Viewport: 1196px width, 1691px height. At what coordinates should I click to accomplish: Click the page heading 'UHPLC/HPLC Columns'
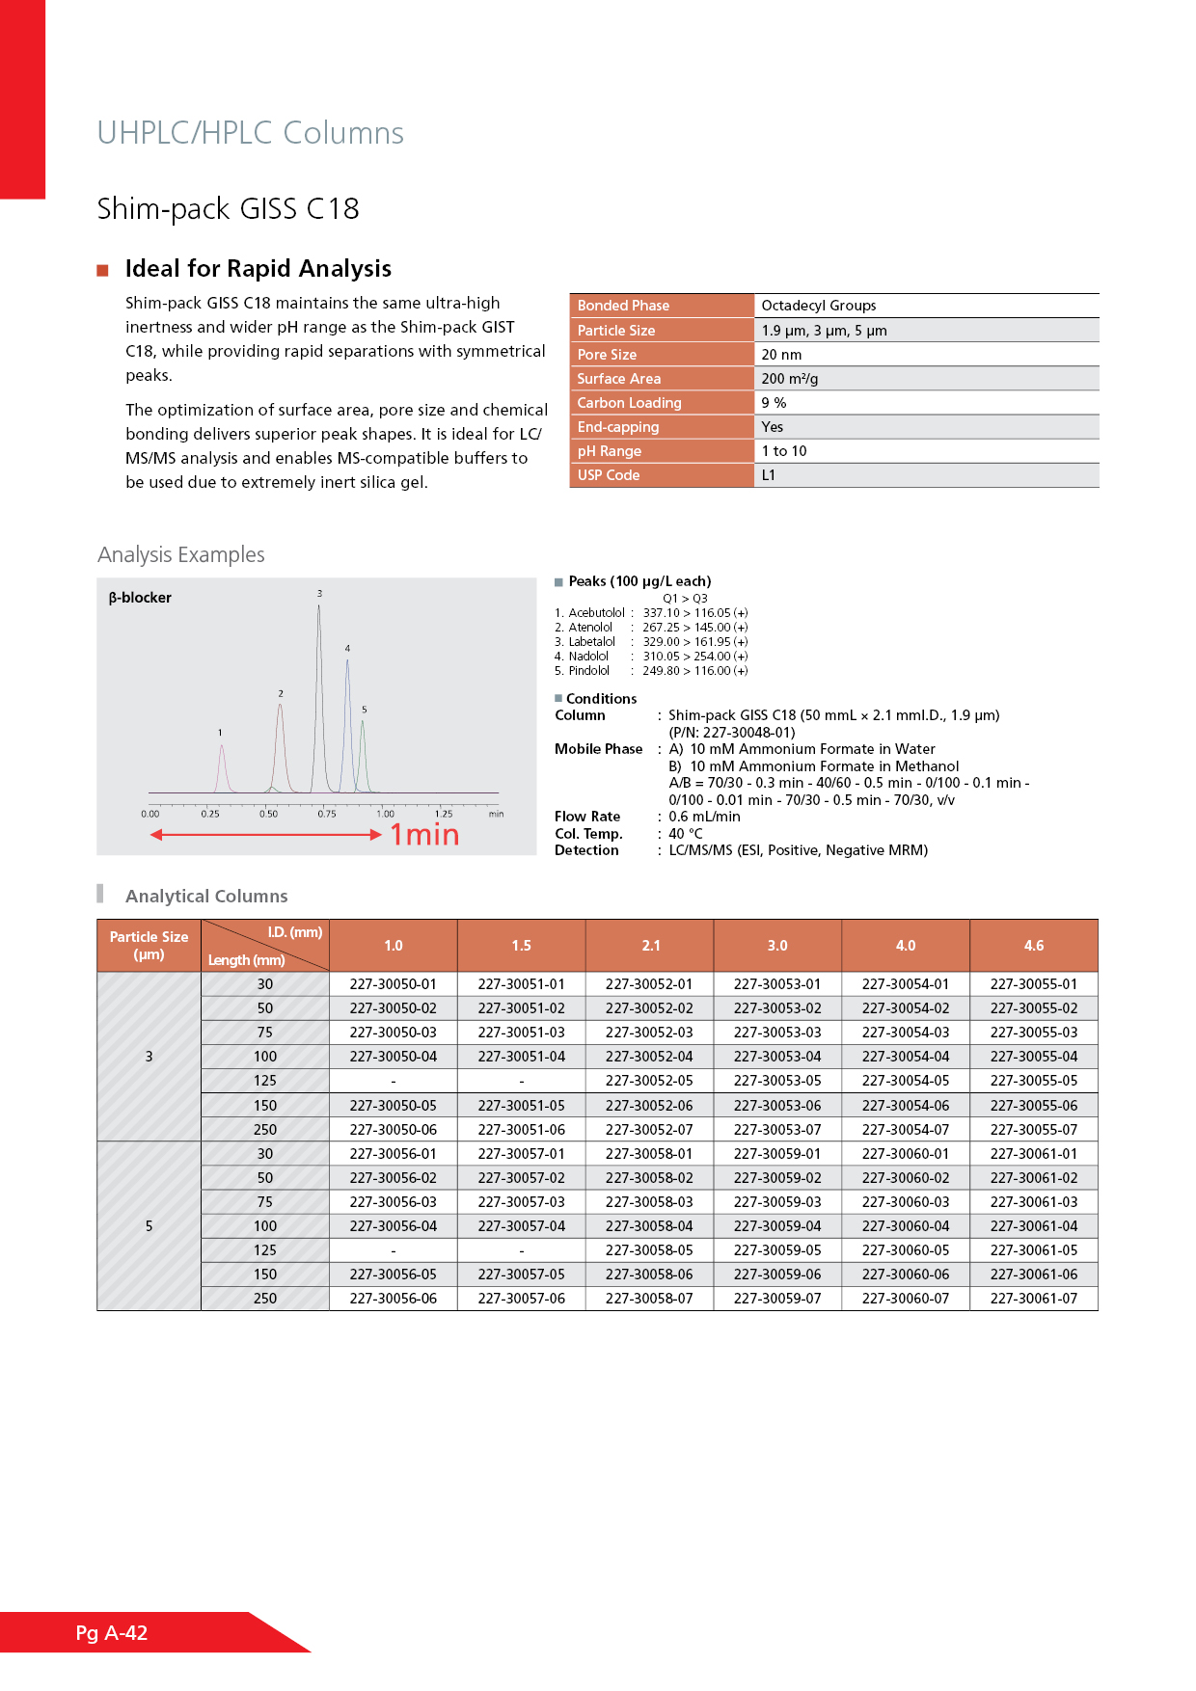tap(250, 133)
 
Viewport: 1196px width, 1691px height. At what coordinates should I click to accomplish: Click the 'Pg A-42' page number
tap(112, 1632)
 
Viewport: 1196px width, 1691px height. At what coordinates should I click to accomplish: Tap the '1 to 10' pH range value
tap(784, 451)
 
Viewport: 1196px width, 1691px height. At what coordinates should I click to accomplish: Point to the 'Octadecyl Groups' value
tap(819, 306)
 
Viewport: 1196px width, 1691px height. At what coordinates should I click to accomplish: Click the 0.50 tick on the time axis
tap(268, 814)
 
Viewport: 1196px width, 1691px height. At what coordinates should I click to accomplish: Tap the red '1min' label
tap(424, 835)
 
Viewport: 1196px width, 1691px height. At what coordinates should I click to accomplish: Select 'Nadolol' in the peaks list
tap(588, 657)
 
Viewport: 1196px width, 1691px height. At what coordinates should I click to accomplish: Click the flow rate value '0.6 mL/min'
tap(705, 817)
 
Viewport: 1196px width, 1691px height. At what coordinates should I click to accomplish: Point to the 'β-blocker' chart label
tap(140, 598)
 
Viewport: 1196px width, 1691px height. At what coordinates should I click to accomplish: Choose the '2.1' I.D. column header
tap(651, 946)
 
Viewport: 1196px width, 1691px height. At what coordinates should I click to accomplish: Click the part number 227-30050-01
tap(394, 984)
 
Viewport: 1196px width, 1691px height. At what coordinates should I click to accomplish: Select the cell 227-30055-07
tap(1034, 1130)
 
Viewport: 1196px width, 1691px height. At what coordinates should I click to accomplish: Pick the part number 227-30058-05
tap(649, 1250)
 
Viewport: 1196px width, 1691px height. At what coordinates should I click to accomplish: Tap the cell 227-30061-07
tap(1034, 1299)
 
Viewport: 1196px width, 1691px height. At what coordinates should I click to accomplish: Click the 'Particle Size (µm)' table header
tap(149, 946)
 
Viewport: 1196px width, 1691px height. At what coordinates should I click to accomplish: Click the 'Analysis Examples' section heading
tap(181, 555)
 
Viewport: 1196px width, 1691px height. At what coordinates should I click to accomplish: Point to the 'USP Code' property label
tap(609, 475)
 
